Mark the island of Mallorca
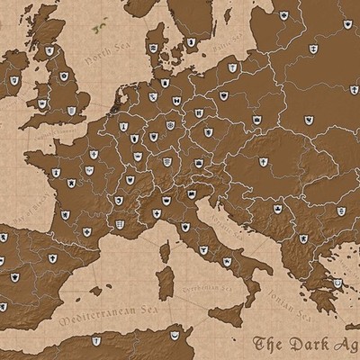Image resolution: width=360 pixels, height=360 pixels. pyautogui.click(x=96, y=273)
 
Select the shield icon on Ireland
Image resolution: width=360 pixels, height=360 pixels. pyautogui.click(x=15, y=82)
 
